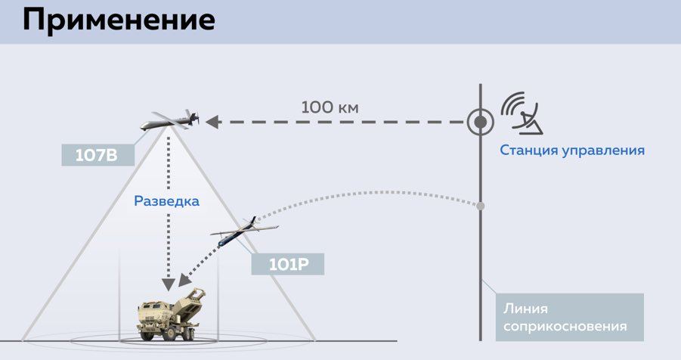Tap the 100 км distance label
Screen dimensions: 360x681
tap(330, 107)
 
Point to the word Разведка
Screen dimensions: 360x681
tap(166, 201)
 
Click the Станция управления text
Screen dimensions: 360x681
tap(571, 150)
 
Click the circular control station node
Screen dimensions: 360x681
tap(479, 121)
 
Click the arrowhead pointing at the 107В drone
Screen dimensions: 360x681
tap(212, 121)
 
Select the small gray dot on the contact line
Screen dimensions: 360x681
tap(480, 206)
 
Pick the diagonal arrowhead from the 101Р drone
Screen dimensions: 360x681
tap(185, 281)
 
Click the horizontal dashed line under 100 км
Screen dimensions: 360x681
tap(340, 121)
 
